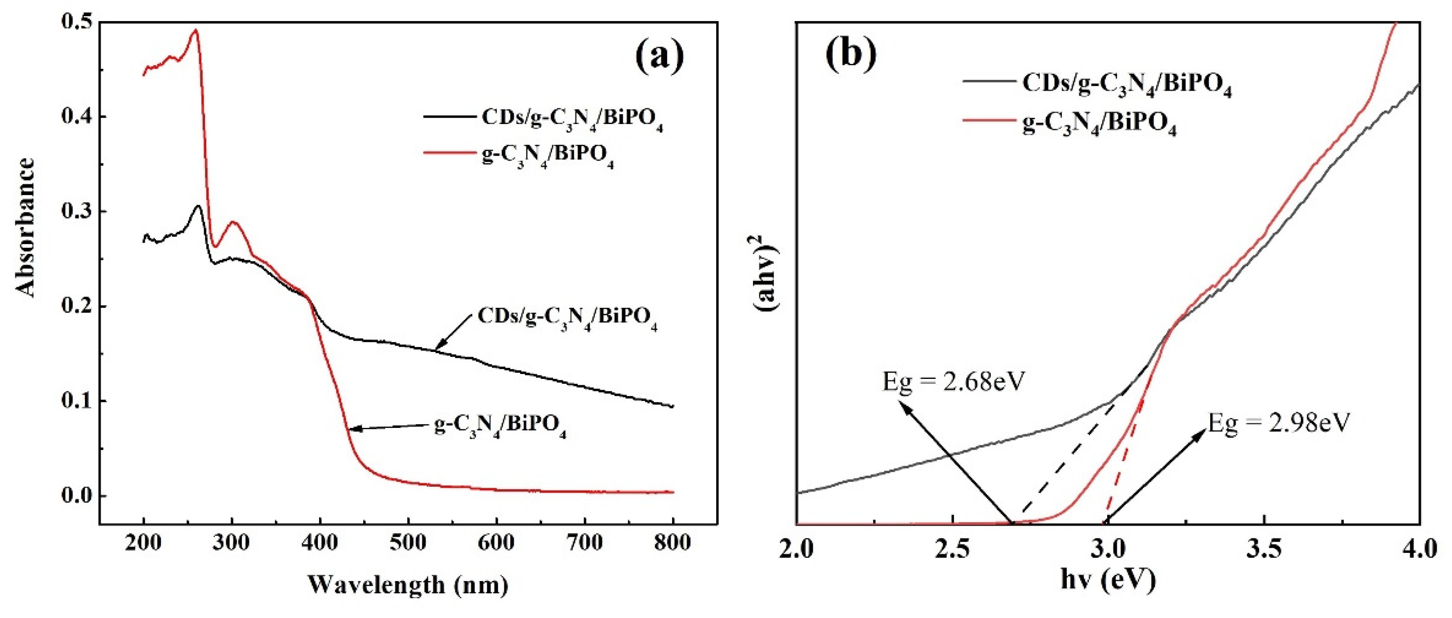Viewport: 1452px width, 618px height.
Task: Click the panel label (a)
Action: [659, 56]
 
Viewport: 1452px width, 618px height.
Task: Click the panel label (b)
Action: [851, 55]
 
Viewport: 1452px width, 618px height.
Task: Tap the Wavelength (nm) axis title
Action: [408, 585]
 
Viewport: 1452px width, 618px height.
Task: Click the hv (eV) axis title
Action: [1108, 580]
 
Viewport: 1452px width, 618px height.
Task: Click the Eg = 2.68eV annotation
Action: [953, 382]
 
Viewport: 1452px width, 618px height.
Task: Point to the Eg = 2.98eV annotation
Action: [1278, 422]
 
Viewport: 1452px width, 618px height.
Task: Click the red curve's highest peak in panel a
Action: [196, 31]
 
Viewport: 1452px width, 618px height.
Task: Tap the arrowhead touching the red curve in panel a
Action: [353, 429]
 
